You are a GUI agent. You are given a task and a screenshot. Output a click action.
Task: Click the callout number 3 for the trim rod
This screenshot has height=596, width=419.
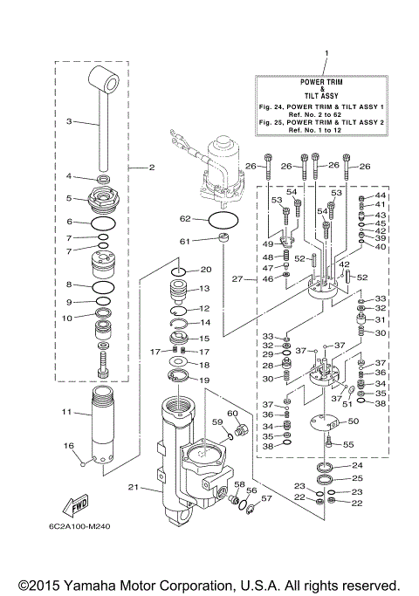(x=71, y=123)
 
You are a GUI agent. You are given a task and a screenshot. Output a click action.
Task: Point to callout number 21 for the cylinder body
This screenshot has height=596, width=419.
(x=134, y=487)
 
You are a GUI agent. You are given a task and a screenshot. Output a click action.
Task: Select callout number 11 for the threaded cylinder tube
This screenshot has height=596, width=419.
(x=65, y=411)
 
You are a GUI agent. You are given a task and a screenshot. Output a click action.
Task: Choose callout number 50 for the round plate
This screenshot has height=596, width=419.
(x=354, y=421)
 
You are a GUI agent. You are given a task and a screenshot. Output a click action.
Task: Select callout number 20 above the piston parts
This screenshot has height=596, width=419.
(x=206, y=270)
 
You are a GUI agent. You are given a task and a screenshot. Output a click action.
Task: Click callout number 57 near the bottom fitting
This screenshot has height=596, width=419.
(x=266, y=499)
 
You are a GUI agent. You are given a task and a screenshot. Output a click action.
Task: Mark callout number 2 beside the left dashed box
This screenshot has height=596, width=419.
(x=150, y=167)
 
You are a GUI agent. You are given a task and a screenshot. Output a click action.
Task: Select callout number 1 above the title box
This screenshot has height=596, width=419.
(x=326, y=54)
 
